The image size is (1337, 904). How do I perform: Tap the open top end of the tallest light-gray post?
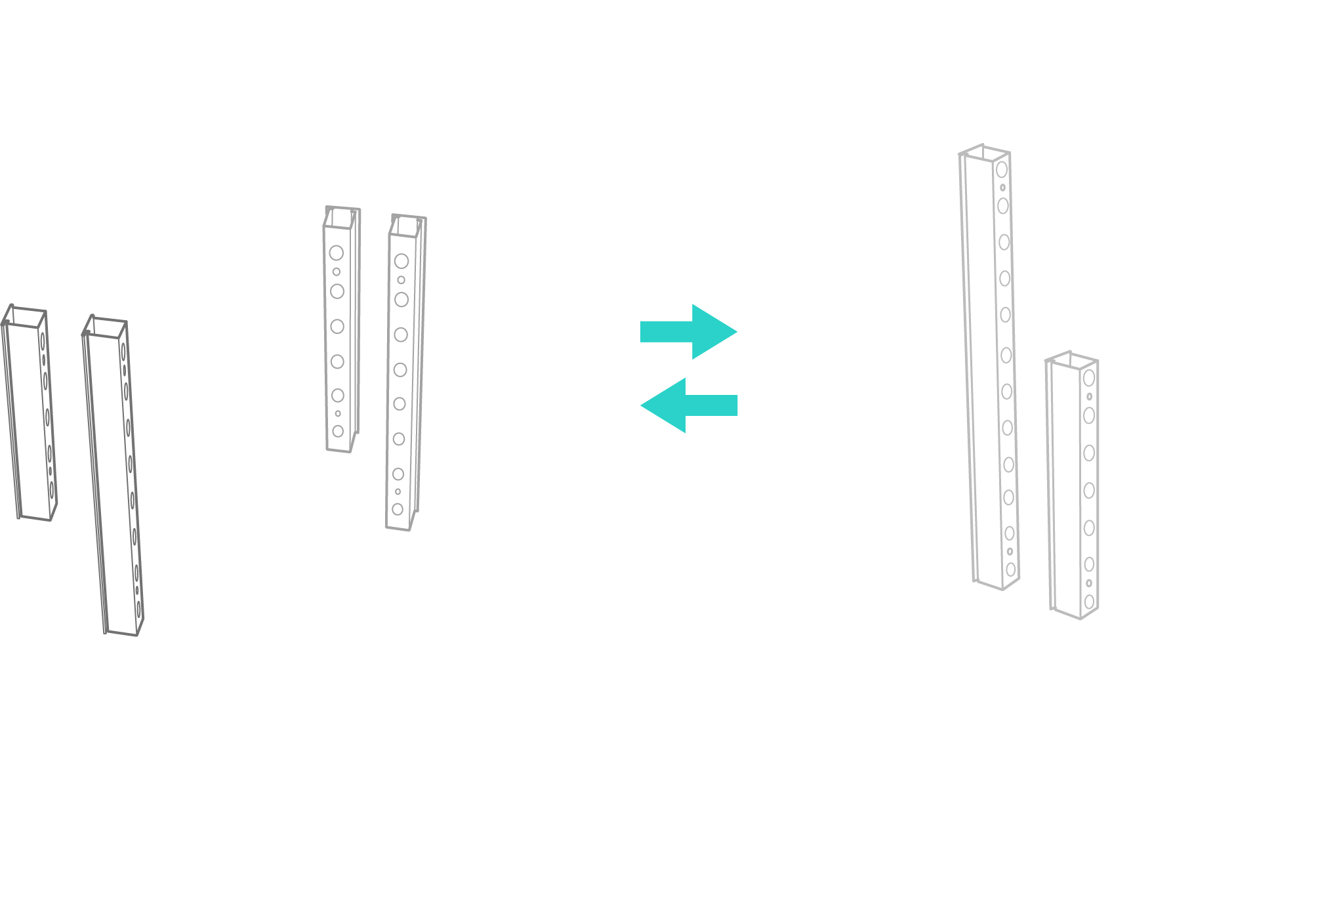[983, 152]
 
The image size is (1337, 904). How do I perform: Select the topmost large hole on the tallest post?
[1001, 170]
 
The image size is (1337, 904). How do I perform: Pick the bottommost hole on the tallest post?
[1011, 569]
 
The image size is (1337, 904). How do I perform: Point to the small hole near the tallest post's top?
[1002, 188]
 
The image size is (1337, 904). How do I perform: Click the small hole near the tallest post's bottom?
[1010, 552]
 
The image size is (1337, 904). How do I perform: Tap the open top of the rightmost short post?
[1071, 360]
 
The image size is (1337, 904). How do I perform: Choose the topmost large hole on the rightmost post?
[1089, 378]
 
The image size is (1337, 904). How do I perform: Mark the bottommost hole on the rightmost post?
[1089, 601]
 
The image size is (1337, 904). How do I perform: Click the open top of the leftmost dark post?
[25, 316]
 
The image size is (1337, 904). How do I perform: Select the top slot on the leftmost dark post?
[43, 341]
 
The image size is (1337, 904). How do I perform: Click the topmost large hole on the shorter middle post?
[337, 253]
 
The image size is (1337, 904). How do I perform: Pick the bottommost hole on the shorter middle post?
[338, 431]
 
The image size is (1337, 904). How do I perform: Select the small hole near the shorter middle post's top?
[337, 272]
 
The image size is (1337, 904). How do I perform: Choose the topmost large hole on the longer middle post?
[401, 261]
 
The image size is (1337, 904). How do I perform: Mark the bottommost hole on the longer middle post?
[398, 509]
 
